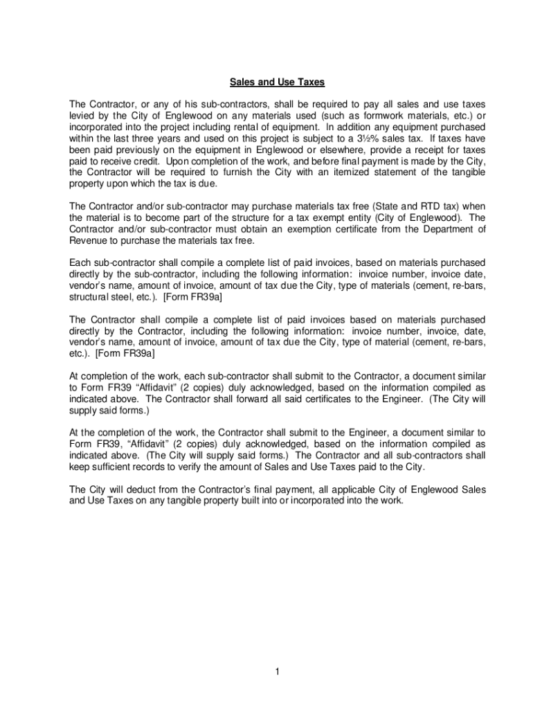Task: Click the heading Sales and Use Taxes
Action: (267, 82)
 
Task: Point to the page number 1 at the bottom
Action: (276, 672)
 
